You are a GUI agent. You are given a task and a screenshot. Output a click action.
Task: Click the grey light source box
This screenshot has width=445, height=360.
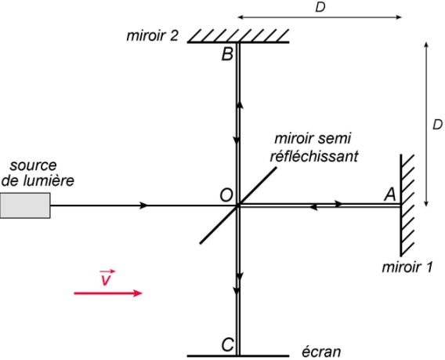25,205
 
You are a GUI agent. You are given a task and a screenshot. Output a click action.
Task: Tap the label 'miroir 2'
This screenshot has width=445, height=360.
153,36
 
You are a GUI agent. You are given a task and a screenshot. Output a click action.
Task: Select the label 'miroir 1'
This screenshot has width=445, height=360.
407,267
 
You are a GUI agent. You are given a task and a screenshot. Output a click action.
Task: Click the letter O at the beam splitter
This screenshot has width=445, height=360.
226,195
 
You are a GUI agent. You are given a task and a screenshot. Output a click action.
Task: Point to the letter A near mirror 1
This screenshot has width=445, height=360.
390,195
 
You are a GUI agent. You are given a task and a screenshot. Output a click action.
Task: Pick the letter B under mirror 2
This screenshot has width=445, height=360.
227,54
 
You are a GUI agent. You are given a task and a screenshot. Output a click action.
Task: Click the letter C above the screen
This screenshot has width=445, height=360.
228,345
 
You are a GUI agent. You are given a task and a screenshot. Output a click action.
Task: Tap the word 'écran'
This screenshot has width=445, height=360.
321,351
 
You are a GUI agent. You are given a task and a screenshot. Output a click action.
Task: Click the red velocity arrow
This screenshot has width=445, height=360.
108,293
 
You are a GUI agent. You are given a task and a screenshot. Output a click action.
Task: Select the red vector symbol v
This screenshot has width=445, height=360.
106,277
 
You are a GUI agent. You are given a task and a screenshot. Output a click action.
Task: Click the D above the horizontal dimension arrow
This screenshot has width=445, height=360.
320,7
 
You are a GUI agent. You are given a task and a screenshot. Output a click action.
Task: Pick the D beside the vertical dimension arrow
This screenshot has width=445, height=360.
437,125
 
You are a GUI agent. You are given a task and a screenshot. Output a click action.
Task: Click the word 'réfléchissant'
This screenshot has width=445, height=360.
314,156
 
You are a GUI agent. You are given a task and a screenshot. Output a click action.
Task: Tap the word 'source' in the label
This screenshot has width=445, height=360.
33,165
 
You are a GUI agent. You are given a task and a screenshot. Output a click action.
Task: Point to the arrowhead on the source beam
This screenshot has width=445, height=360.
144,205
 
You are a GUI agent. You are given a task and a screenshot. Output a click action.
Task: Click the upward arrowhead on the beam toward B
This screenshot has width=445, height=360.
240,105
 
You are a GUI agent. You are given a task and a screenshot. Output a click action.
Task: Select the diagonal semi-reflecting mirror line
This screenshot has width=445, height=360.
238,205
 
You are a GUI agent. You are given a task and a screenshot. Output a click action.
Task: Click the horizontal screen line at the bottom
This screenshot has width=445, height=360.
238,355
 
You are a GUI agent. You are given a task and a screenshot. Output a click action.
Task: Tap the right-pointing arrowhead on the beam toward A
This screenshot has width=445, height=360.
338,203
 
